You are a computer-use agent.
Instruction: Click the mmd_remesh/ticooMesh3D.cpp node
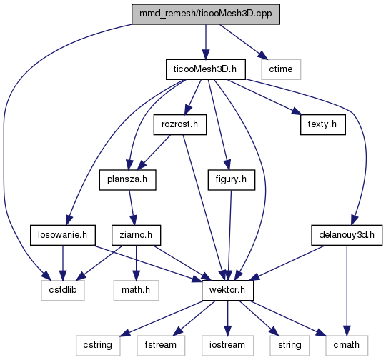206,14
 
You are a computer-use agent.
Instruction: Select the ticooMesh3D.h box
206,69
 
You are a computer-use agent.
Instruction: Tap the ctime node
281,69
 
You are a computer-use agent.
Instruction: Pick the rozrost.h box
180,124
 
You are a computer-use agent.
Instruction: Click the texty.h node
322,124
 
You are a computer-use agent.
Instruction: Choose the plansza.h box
127,179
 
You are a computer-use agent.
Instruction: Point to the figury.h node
231,179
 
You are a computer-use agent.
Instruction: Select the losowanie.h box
63,235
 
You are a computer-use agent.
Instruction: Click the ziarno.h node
136,235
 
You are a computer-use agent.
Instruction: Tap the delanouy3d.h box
347,235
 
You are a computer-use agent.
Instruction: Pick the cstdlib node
63,291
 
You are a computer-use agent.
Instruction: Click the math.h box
136,291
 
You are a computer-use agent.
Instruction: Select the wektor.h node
227,291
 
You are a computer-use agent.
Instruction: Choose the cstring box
98,346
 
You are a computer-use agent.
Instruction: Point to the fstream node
161,346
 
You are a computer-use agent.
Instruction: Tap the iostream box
227,346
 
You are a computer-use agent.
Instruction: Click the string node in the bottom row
289,346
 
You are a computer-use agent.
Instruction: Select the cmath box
347,346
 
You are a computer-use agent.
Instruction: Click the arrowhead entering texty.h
297,112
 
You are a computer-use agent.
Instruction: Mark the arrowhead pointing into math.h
136,275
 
